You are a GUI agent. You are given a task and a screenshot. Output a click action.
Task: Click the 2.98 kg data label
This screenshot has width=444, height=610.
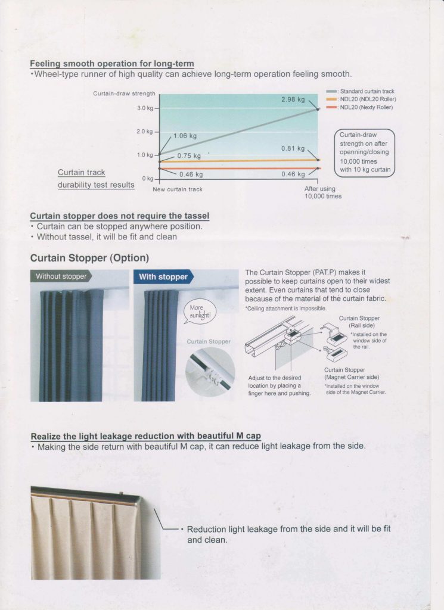[293, 99]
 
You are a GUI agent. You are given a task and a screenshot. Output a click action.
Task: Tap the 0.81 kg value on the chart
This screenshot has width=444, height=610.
[293, 148]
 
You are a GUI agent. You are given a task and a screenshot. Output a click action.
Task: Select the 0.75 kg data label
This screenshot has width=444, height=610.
[189, 155]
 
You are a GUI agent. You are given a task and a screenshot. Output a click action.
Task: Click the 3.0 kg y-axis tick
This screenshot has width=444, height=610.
[145, 108]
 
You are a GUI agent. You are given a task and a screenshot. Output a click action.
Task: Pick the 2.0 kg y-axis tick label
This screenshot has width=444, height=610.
[145, 132]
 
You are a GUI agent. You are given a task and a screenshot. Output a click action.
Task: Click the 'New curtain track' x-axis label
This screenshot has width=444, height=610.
[178, 189]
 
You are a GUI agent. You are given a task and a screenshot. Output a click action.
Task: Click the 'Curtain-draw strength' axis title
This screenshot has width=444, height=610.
[124, 94]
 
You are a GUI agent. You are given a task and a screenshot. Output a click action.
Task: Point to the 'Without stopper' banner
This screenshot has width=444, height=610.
[61, 276]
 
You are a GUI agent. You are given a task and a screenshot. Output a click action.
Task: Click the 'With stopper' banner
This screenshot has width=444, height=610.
[163, 277]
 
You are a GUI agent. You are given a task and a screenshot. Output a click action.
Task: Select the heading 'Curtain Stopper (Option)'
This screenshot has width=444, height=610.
[89, 259]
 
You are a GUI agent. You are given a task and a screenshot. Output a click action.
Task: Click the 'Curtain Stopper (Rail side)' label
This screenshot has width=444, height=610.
[359, 322]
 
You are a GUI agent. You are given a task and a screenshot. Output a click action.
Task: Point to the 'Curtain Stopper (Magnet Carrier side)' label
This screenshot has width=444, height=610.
[352, 374]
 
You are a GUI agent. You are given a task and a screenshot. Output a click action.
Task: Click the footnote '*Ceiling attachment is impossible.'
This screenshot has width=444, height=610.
[285, 308]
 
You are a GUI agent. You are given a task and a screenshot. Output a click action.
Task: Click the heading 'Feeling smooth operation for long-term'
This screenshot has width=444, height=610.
[112, 64]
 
